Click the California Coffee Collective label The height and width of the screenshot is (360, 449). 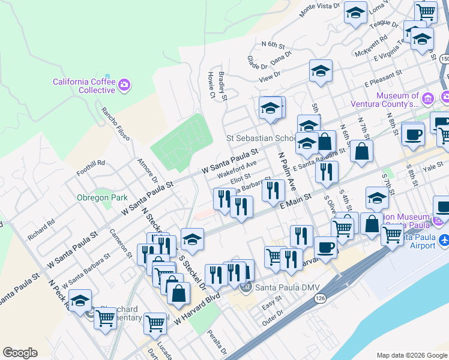point(83,86)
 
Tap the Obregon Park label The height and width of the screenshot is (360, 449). point(94,197)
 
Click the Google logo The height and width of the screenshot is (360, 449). point(20,353)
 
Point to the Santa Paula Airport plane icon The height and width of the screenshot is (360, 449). point(444,240)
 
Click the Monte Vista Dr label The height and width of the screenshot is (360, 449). point(320,8)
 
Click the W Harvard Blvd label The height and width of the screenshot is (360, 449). point(197,308)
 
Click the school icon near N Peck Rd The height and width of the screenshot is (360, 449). point(79,302)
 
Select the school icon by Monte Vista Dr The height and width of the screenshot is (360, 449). point(355,13)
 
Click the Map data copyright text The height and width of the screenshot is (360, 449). point(411,355)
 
